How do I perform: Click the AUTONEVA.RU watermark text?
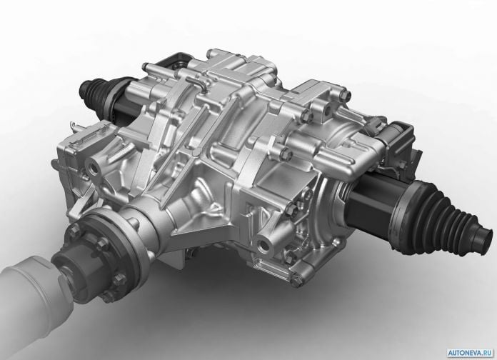471,353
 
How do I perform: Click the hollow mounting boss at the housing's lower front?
264,244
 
